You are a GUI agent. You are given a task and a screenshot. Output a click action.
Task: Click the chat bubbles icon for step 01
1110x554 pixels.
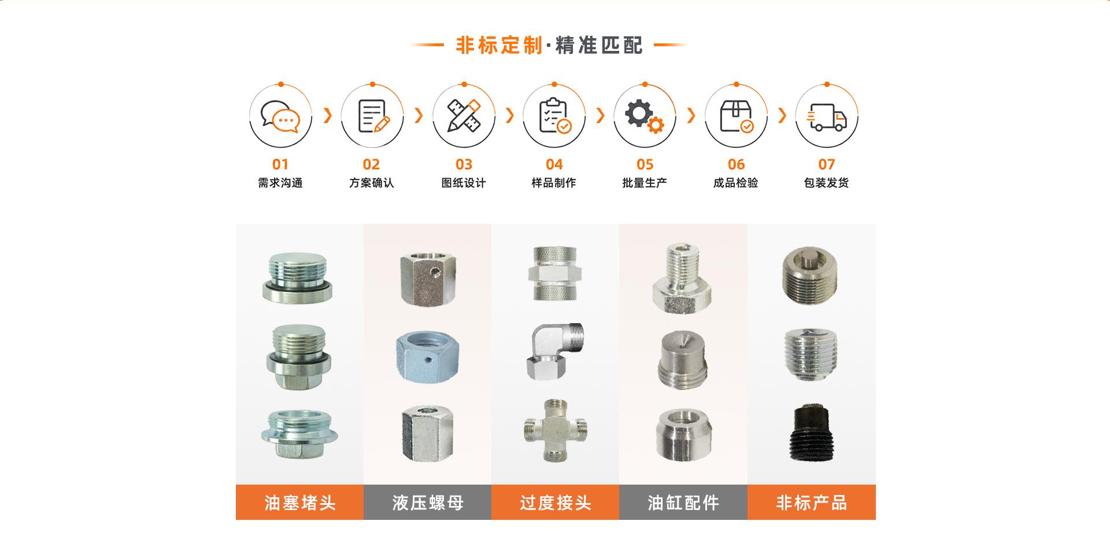280,117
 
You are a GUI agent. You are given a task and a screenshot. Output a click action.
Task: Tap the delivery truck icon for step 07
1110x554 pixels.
827,117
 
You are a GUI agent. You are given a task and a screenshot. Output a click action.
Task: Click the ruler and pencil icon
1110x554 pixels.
464,116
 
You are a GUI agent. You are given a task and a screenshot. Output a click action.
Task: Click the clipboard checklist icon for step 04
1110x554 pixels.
555,116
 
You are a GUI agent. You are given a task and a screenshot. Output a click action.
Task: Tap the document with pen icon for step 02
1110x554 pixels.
373,116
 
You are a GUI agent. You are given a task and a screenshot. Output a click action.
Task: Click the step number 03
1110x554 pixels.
464,165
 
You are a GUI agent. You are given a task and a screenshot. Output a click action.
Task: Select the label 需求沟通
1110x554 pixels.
280,183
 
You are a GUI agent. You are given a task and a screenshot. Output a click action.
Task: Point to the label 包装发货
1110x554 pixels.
827,183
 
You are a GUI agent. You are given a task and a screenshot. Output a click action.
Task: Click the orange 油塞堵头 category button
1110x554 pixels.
299,502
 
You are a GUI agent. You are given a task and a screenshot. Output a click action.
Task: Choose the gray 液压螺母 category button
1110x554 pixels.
428,502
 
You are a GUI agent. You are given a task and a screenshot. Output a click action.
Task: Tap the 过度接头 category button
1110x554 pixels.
555,502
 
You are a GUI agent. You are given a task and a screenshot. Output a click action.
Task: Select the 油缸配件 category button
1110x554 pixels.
683,502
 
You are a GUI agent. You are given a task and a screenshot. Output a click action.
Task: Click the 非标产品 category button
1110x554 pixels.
812,502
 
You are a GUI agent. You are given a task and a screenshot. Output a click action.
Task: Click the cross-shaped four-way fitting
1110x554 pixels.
555,430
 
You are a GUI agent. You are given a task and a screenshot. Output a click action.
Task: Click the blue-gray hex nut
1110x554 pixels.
426,354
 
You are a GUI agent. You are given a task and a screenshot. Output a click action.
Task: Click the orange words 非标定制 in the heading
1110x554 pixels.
499,45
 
